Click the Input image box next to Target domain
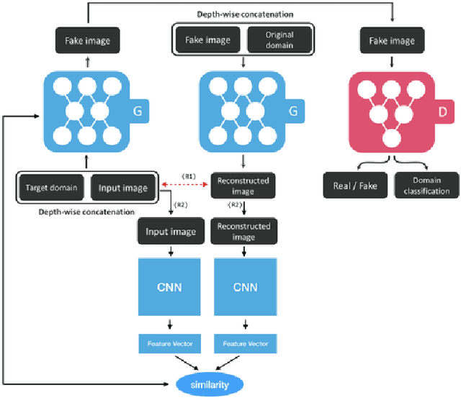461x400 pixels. coord(119,188)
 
